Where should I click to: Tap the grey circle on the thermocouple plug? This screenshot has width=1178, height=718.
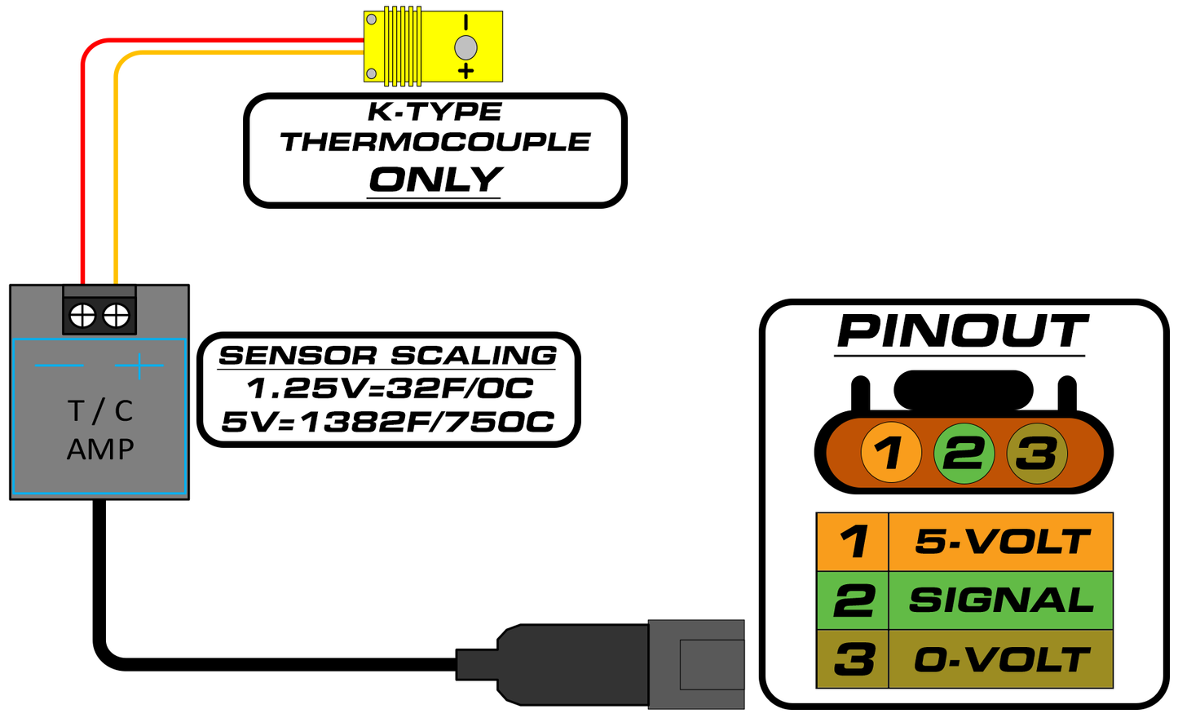pyautogui.click(x=465, y=47)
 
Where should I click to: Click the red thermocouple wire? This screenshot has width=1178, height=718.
pyautogui.click(x=83, y=163)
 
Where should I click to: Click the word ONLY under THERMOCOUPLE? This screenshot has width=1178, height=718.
pyautogui.click(x=435, y=179)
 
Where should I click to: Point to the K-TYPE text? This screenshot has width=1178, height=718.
pyautogui.click(x=435, y=111)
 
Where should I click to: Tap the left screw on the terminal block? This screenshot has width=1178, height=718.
pyautogui.click(x=82, y=315)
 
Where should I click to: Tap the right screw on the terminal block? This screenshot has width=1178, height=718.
pyautogui.click(x=116, y=315)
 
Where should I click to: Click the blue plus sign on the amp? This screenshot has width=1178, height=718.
pyautogui.click(x=139, y=365)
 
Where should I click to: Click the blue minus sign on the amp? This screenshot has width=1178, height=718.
pyautogui.click(x=59, y=365)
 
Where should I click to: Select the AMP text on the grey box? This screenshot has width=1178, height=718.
pyautogui.click(x=100, y=449)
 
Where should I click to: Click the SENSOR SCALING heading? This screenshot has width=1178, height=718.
pyautogui.click(x=388, y=355)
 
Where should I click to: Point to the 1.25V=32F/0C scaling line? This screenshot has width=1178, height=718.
pyautogui.click(x=390, y=388)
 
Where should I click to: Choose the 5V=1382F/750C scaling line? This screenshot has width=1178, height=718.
pyautogui.click(x=388, y=422)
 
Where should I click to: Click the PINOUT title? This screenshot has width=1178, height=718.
pyautogui.click(x=962, y=331)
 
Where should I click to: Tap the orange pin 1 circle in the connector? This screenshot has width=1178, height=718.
pyautogui.click(x=891, y=452)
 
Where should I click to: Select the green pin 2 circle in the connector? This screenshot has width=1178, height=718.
pyautogui.click(x=964, y=453)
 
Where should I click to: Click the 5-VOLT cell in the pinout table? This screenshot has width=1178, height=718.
pyautogui.click(x=1001, y=542)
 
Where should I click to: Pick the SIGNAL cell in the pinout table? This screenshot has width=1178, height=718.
pyautogui.click(x=1001, y=601)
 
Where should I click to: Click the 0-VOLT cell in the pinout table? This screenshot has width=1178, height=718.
pyautogui.click(x=1001, y=659)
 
